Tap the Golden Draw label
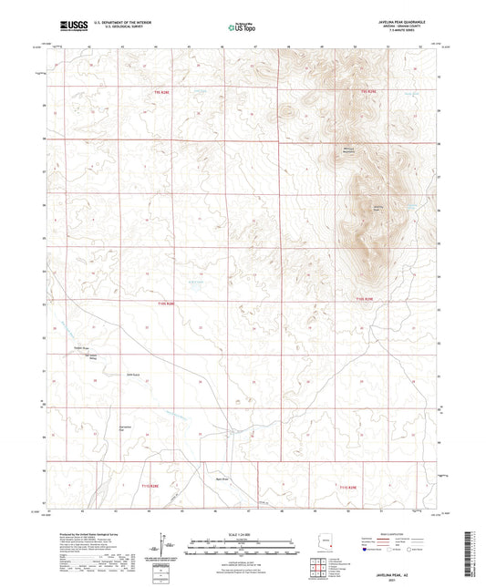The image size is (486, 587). [79, 348]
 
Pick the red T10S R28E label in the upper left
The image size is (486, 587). [163, 92]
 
